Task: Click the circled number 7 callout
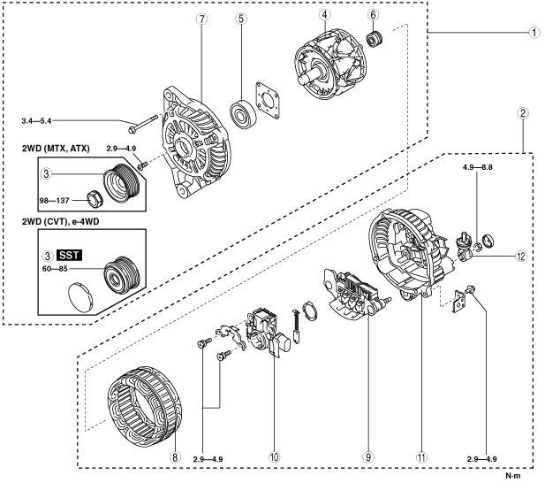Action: (202, 19)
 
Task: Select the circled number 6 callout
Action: (373, 15)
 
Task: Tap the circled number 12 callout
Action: (521, 257)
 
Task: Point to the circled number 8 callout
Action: (175, 456)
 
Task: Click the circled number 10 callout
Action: (274, 456)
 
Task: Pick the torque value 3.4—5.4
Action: (36, 121)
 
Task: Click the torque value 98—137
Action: (55, 201)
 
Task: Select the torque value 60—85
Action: (55, 269)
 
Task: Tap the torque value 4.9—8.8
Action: (478, 167)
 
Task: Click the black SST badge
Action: (69, 256)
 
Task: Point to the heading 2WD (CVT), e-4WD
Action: (60, 221)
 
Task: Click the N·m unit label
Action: (513, 476)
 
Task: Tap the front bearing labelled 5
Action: (243, 114)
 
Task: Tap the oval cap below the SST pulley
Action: (81, 296)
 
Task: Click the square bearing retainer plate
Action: (268, 101)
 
